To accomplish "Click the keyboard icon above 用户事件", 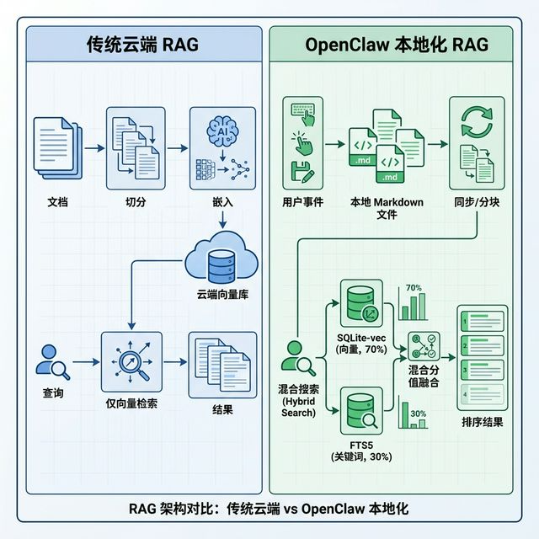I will pyautogui.click(x=302, y=109).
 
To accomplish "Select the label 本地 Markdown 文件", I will pyautogui.click(x=387, y=209).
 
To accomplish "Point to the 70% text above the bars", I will pyautogui.click(x=414, y=288).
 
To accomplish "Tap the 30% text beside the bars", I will pyautogui.click(x=418, y=414).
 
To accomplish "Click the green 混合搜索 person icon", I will pyautogui.click(x=300, y=358).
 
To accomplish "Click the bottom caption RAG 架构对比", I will pyautogui.click(x=269, y=510).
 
